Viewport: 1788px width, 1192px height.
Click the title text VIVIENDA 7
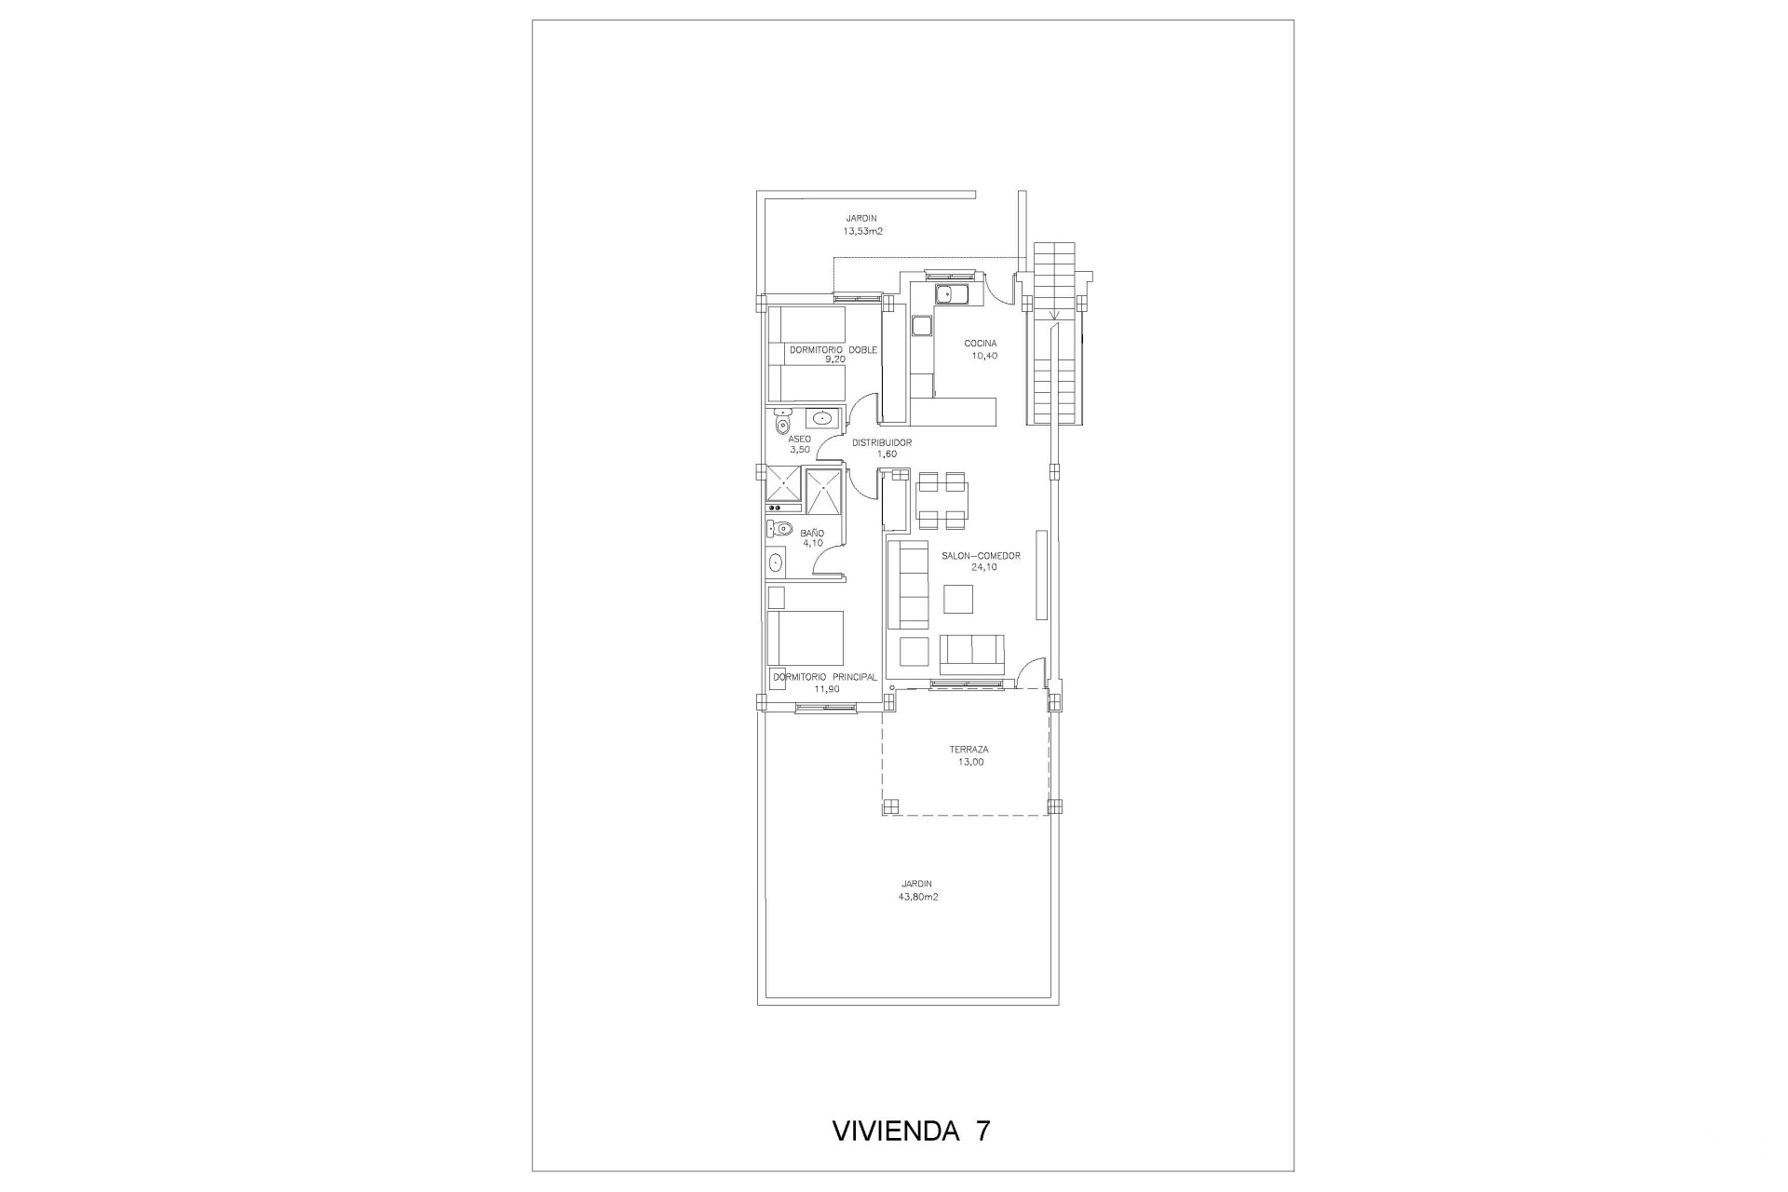tap(910, 1131)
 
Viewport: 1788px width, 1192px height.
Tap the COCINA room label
tap(981, 344)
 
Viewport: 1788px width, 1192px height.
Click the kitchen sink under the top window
tap(951, 295)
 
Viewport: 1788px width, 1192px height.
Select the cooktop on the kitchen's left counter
tap(922, 326)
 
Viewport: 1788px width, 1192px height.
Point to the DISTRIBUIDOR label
tap(881, 443)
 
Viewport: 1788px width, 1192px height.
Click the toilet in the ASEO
tap(781, 424)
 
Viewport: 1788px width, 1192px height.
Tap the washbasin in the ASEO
tap(820, 418)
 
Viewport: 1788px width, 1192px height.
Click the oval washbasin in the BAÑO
tap(776, 562)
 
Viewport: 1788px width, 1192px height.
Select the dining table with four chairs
tap(941, 501)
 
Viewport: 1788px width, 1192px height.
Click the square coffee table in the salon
tap(958, 598)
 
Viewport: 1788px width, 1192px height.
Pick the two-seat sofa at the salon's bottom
tap(972, 654)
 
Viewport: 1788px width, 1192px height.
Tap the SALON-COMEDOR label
tap(981, 556)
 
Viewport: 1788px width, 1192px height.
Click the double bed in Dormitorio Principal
tap(806, 638)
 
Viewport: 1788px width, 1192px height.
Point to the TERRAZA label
tap(968, 750)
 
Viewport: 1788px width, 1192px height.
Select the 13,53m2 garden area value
tap(862, 231)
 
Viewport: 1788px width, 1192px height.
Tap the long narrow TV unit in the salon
tap(1041, 575)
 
